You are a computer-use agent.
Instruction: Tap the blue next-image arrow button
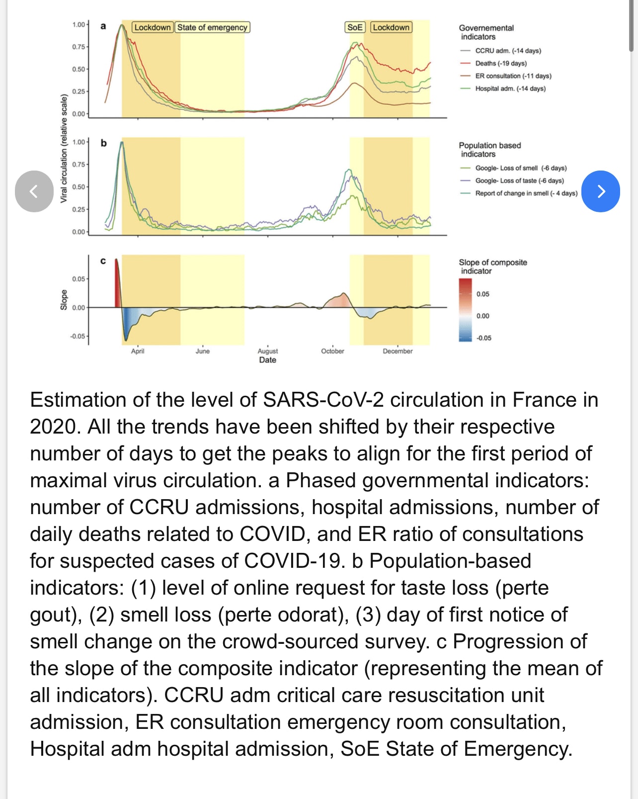click(600, 191)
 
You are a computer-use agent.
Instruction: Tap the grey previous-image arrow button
click(34, 191)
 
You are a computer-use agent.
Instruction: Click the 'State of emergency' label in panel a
click(212, 27)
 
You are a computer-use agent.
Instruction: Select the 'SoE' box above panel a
click(355, 27)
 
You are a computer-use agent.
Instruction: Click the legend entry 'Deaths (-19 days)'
click(500, 63)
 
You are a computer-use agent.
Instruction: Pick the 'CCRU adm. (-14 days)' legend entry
click(508, 51)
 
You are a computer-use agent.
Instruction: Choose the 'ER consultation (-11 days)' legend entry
click(513, 76)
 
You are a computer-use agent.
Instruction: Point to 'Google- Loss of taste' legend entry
click(519, 181)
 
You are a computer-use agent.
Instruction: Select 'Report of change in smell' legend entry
click(526, 193)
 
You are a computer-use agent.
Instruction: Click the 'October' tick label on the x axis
click(332, 351)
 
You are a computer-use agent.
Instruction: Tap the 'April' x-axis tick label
click(138, 351)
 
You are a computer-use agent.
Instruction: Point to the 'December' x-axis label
click(398, 351)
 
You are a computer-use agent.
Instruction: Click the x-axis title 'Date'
click(267, 360)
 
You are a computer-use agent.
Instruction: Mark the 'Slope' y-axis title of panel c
click(64, 300)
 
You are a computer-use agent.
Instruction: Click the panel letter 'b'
click(103, 143)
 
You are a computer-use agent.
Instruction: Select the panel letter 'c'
click(103, 261)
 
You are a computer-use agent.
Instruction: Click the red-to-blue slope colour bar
click(465, 310)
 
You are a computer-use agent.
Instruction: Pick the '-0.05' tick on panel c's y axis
click(78, 336)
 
